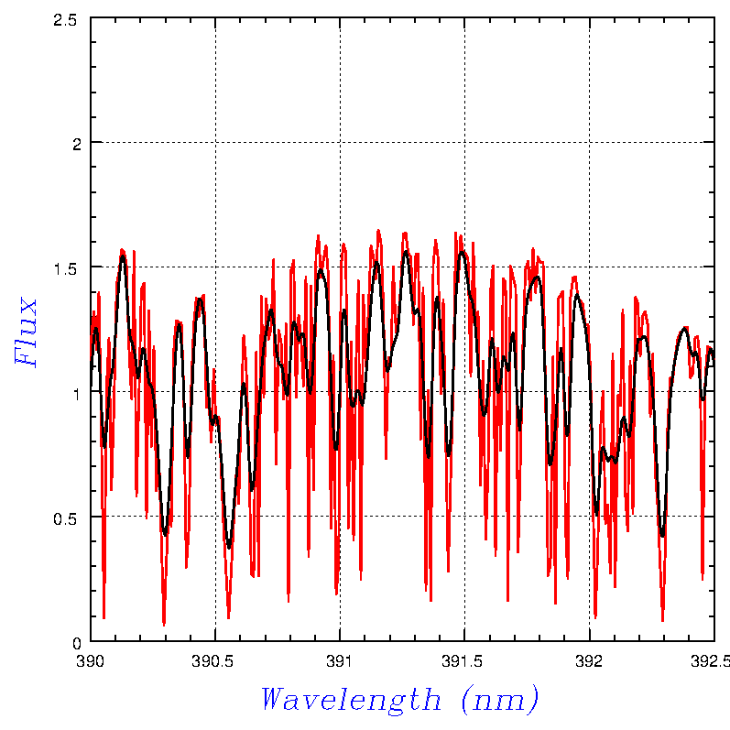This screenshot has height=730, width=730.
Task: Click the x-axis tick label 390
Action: click(x=90, y=659)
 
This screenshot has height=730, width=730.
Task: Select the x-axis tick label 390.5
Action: click(x=214, y=659)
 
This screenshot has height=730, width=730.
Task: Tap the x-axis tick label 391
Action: click(x=340, y=659)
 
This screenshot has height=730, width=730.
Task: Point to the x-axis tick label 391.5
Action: click(x=463, y=659)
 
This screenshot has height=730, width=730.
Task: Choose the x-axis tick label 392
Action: click(x=588, y=659)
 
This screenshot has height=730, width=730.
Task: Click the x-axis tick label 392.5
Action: click(x=713, y=659)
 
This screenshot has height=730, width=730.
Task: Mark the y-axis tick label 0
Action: click(x=78, y=642)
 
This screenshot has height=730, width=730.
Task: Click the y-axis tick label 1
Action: click(x=78, y=393)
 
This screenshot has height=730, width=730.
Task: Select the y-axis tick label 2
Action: click(x=78, y=143)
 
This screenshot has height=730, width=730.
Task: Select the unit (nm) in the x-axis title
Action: click(x=498, y=700)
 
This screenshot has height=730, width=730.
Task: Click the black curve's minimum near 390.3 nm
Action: click(x=165, y=533)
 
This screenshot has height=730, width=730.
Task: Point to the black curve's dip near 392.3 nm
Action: click(x=662, y=536)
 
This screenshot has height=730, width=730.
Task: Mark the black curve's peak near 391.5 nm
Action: click(x=463, y=251)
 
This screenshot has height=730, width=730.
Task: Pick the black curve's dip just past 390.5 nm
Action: click(x=229, y=548)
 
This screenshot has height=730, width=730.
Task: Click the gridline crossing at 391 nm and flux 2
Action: click(x=340, y=143)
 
